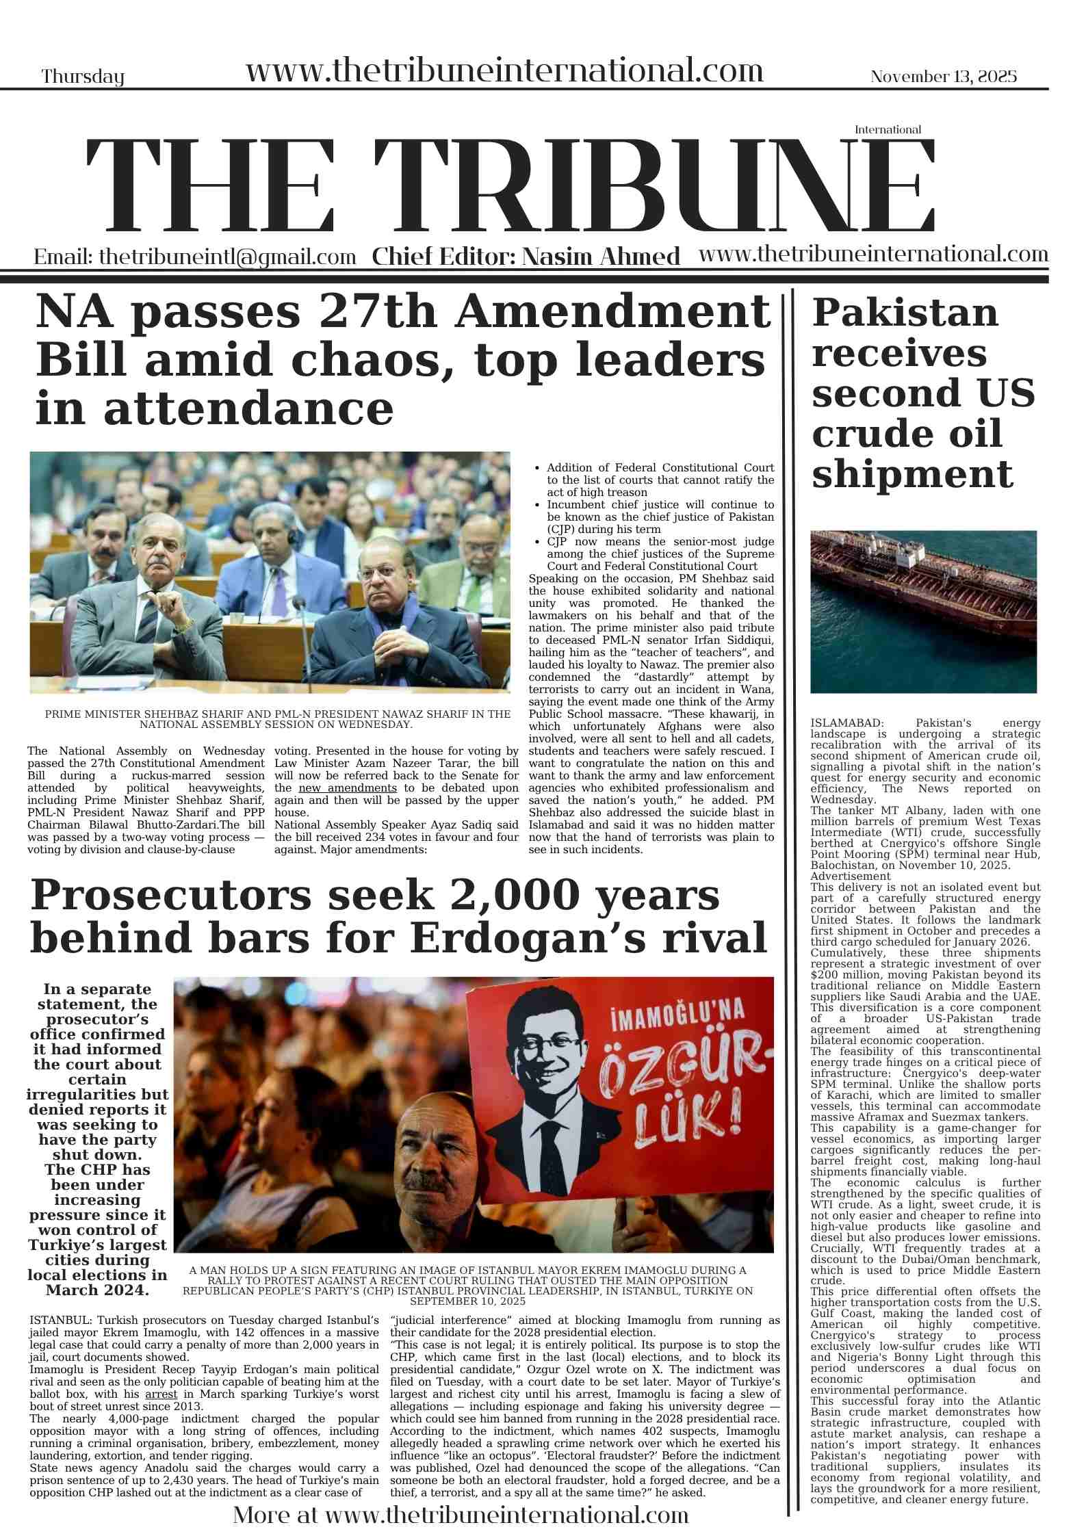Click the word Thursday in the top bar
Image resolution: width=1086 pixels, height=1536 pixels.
click(83, 77)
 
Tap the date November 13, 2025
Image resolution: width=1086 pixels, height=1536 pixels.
click(943, 77)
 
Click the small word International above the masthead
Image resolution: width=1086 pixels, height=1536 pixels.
click(888, 129)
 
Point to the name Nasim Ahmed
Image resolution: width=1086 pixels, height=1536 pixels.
click(600, 257)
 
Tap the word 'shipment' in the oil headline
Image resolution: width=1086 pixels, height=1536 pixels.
click(912, 474)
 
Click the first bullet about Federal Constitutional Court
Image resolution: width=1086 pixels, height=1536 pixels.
click(660, 480)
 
